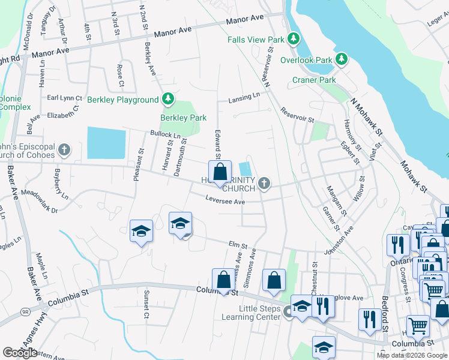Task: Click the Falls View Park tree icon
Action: tap(293, 40)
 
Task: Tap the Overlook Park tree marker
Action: tap(342, 59)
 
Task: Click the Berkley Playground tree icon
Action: tap(169, 99)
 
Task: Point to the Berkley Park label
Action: tap(183, 118)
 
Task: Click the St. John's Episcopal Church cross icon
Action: tap(64, 149)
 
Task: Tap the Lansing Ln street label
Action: tap(244, 96)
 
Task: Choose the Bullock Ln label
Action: tap(165, 136)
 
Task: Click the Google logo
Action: tap(20, 353)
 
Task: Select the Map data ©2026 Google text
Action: tap(412, 355)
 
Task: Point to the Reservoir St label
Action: tap(297, 115)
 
